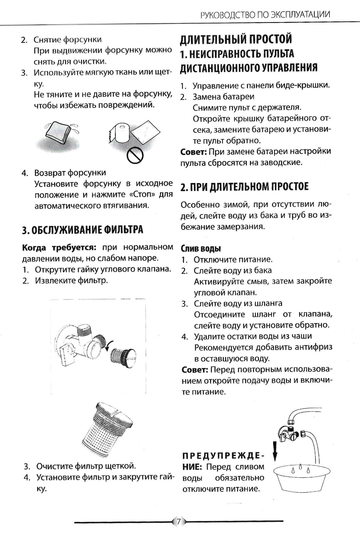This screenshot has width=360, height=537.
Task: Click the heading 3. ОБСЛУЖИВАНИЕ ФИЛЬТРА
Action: coord(82,230)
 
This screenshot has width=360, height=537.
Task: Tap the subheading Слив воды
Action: coord(201,249)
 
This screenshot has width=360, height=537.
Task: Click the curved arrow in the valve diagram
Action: coord(109,346)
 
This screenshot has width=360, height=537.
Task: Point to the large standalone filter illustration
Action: coord(107,429)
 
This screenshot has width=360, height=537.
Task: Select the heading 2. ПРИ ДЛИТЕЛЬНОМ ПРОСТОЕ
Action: coord(244,187)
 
